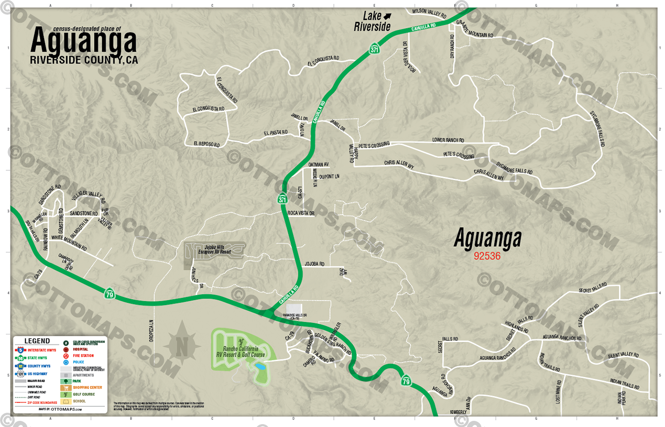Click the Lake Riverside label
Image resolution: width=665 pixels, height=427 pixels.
[372, 22]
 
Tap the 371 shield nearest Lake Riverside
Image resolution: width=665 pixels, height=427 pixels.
[374, 49]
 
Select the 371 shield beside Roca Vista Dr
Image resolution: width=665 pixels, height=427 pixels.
[283, 199]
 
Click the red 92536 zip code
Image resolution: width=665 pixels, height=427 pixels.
[487, 256]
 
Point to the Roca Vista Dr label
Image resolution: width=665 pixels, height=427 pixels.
[301, 213]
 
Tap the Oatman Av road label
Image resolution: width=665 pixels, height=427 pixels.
[318, 165]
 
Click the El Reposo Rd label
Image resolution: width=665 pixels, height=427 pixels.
[207, 144]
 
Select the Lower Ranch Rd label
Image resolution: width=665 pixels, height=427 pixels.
[448, 140]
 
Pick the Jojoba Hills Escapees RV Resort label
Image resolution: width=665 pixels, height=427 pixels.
[214, 250]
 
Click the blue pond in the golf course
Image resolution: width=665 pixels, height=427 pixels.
[259, 367]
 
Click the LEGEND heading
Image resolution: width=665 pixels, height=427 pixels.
[37, 341]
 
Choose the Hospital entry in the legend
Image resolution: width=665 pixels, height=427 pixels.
[80, 349]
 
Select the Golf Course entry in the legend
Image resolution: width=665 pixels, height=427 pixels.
[84, 394]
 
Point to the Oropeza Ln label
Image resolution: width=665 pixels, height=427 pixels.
[152, 331]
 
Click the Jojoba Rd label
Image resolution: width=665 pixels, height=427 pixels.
[314, 264]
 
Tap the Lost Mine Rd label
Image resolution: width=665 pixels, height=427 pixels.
[558, 391]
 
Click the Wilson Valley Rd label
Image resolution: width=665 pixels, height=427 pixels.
[429, 13]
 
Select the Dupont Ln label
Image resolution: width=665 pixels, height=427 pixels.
[329, 176]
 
